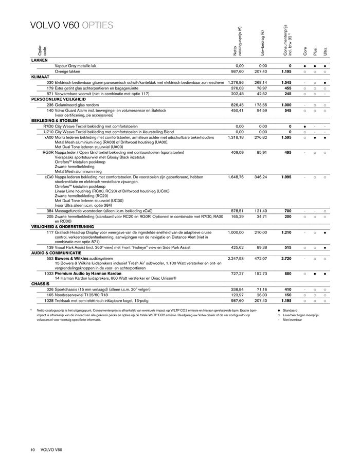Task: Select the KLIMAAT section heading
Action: tap(41, 76)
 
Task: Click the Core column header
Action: tap(305, 52)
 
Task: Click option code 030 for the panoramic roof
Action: tap(50, 82)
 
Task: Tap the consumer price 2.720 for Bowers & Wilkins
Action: tap(286, 258)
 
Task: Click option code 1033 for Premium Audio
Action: tap(48, 274)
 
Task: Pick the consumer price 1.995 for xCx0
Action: tap(286, 177)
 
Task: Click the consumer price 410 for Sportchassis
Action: tap(289, 289)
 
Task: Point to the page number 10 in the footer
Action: tap(32, 450)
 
